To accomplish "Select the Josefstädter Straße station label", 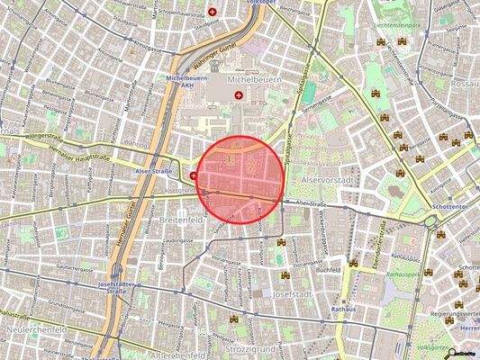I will click(115, 288).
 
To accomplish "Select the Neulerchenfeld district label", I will click(34, 330).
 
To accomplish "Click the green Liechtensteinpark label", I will click(398, 25).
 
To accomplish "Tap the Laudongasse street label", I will click(179, 241).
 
